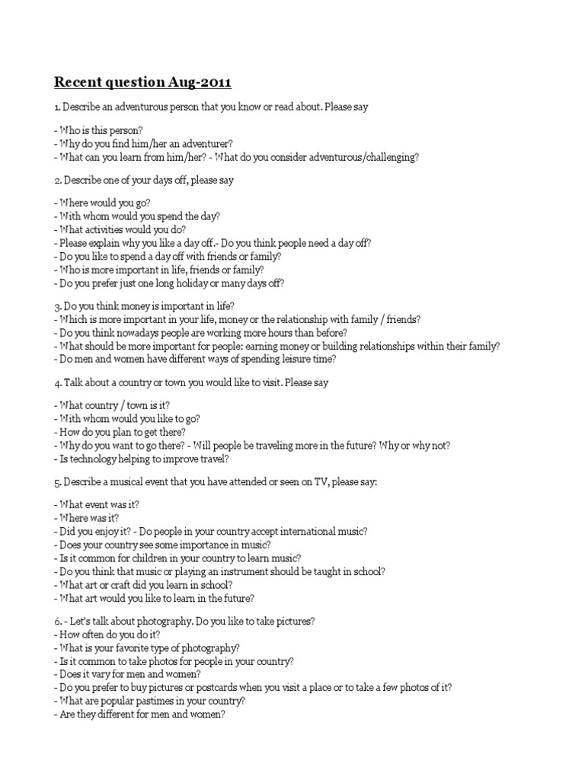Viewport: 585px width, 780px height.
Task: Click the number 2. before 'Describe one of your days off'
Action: pos(58,181)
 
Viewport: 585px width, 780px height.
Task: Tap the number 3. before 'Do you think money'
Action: pos(58,306)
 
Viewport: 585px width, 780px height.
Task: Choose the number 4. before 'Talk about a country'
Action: pos(58,382)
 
